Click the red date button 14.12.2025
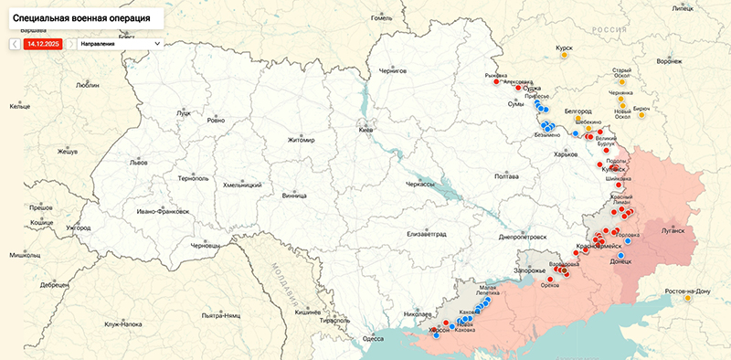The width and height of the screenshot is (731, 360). click(44, 43)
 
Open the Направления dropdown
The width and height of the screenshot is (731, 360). click(120, 43)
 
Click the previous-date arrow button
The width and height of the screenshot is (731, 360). click(16, 43)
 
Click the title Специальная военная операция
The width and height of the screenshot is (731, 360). click(82, 17)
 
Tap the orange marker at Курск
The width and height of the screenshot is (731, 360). click(565, 56)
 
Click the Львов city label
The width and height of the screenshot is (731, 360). click(138, 162)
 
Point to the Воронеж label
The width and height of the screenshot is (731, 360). click(669, 62)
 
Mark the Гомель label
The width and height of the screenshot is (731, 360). click(379, 17)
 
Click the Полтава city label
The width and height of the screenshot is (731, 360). click(506, 175)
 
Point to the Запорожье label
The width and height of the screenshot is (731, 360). click(530, 271)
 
